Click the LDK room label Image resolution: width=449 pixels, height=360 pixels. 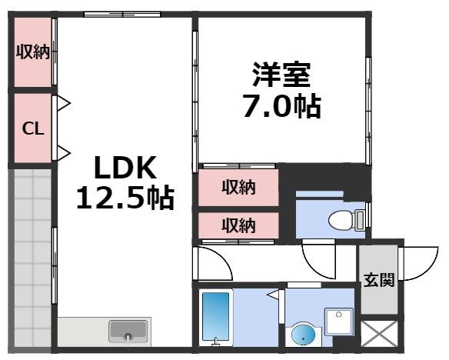(x=125, y=167)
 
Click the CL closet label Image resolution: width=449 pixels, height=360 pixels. (x=32, y=128)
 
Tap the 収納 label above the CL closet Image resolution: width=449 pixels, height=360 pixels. (x=33, y=52)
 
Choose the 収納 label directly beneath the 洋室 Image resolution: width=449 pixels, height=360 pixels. (x=239, y=187)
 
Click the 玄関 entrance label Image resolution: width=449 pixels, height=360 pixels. (x=379, y=279)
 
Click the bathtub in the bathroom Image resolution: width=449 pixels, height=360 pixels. (x=215, y=317)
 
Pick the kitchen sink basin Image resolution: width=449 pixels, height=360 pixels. (x=127, y=332)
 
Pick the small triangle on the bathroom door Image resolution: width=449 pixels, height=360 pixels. (x=273, y=295)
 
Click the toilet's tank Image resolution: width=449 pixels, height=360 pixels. (x=362, y=218)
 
